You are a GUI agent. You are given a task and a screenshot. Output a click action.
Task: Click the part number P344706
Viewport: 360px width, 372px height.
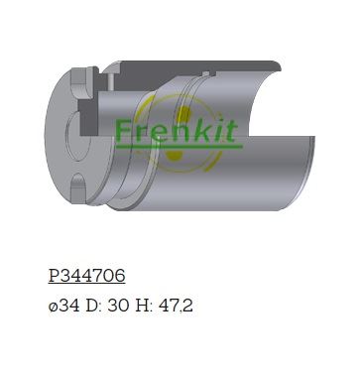[86, 276]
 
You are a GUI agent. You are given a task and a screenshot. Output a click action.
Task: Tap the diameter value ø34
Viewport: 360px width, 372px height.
[64, 306]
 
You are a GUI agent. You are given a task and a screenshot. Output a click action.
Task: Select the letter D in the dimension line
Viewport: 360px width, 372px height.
[91, 306]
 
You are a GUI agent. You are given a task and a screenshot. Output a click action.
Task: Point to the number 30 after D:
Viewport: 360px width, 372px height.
[118, 306]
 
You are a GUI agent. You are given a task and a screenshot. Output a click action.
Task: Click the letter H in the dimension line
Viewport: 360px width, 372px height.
[142, 306]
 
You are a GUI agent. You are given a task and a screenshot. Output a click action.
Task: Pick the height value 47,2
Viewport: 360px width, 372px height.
[176, 306]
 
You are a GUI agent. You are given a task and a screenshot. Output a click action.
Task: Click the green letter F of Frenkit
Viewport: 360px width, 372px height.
[122, 130]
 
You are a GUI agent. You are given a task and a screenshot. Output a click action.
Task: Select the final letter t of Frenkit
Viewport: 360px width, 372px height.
[231, 130]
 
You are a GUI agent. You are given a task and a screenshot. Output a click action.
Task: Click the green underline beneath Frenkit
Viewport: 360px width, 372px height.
[179, 146]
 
